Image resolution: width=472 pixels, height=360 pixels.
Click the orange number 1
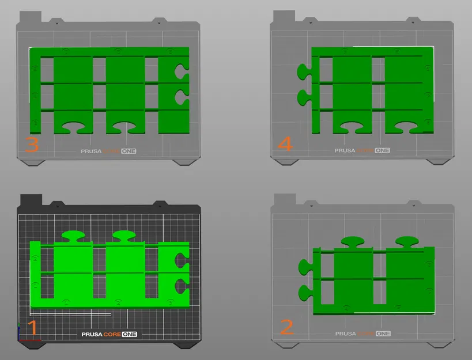[x=32, y=327]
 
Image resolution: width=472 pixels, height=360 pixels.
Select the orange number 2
[x=287, y=327]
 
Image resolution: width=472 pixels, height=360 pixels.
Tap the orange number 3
[x=32, y=145]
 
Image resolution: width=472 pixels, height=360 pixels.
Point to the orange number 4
[x=285, y=143]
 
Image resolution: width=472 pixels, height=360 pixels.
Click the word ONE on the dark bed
[x=130, y=334]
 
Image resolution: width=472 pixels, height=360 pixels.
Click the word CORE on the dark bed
[x=112, y=334]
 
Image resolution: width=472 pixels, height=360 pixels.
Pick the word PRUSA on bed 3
[x=91, y=151]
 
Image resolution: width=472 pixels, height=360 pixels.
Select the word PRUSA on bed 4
[x=345, y=150]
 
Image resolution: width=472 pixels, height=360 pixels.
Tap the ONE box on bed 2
[x=383, y=334]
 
